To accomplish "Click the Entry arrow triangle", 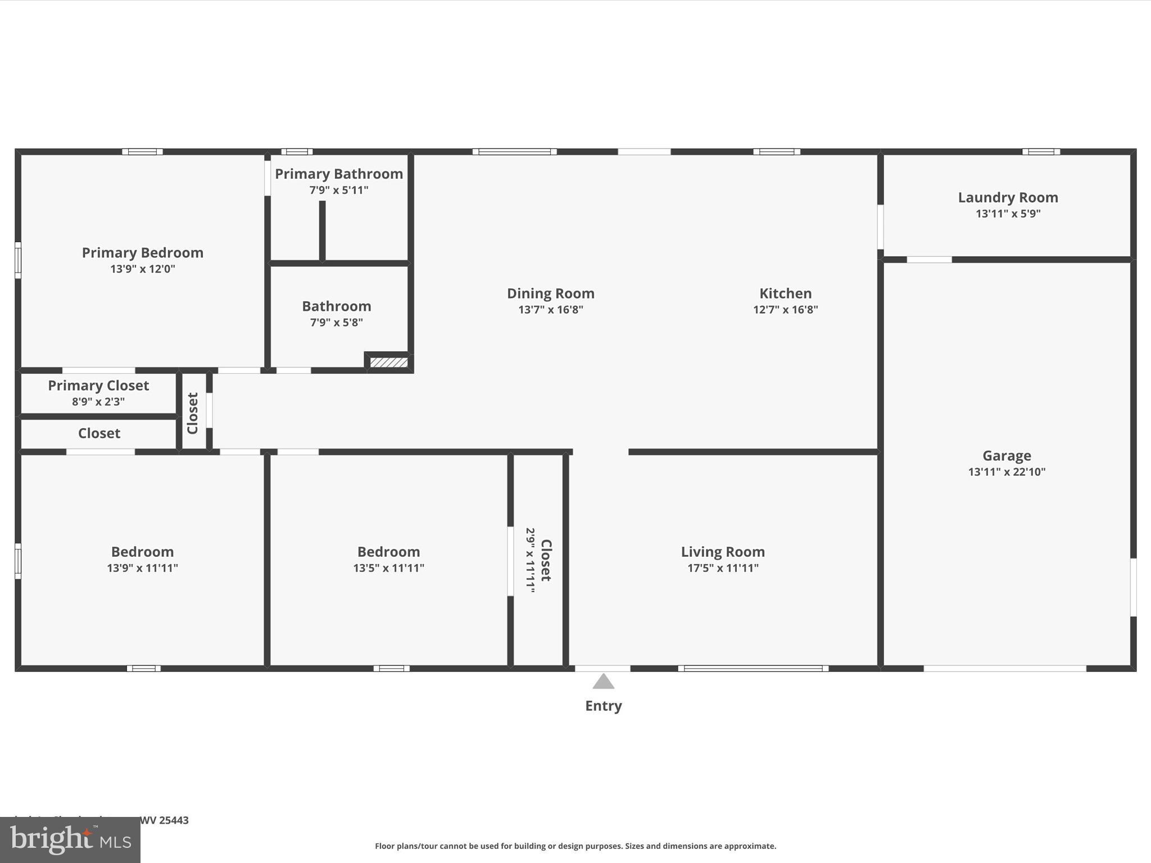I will (x=603, y=682).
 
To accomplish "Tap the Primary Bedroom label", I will (x=143, y=253).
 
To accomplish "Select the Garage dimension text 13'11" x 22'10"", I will (x=1007, y=472).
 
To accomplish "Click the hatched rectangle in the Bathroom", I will (x=388, y=363).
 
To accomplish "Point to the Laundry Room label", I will (x=1008, y=198).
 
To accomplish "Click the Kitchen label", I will (x=785, y=293).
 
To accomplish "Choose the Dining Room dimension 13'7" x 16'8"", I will (x=550, y=310).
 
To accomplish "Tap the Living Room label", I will (x=723, y=552).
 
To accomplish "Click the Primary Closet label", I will (x=98, y=385).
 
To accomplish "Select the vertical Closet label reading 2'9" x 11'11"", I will (x=538, y=560).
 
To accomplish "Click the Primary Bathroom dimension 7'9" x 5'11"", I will (x=339, y=190).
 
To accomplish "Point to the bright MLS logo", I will (x=70, y=839).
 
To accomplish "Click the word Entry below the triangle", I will (x=603, y=706).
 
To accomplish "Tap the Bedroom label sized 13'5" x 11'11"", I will (x=388, y=552).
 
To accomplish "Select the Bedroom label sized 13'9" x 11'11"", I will (x=142, y=552).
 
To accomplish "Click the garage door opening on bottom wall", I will (x=1005, y=668).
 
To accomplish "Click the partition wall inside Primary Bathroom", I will (x=322, y=230).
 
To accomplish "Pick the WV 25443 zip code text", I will (x=164, y=820).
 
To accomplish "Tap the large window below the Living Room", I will (x=753, y=668).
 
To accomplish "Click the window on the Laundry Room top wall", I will (x=1041, y=152).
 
